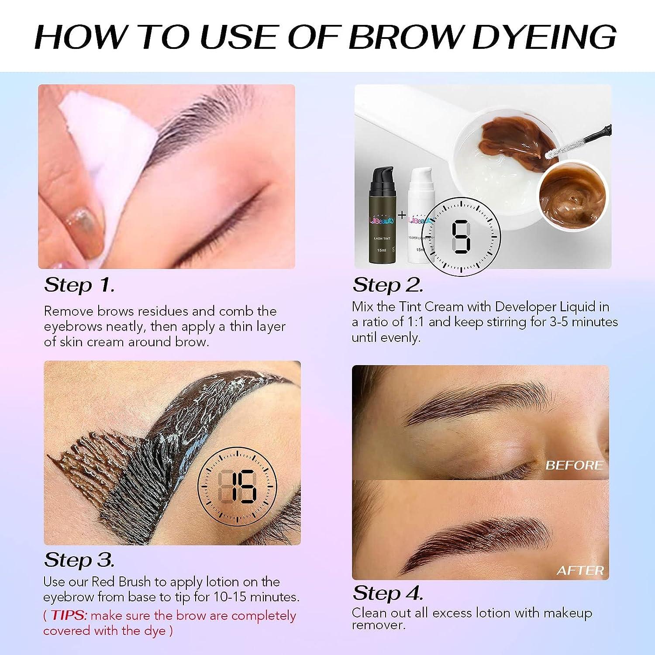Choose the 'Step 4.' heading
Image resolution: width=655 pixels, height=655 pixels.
point(388,593)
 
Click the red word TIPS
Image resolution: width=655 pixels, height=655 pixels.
point(69,616)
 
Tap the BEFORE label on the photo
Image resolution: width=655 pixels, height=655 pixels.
point(574,465)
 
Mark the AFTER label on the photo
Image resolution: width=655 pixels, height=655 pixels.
point(580,570)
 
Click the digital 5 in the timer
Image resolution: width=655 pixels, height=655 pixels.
point(462,238)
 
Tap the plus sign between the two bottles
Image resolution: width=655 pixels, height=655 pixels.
point(402,215)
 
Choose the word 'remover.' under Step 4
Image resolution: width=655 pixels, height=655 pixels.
point(379,625)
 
